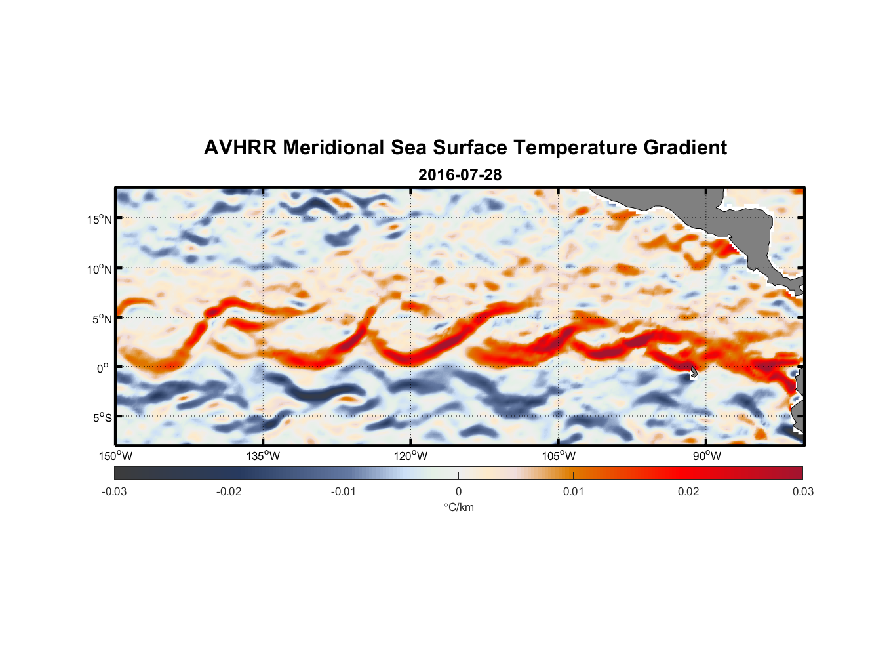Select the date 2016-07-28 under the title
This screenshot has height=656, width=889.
pos(460,175)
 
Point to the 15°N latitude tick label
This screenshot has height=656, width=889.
pos(99,219)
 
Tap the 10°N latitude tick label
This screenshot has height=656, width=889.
pos(99,269)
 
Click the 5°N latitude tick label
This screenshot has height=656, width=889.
pos(102,319)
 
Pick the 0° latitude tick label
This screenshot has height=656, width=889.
pos(103,368)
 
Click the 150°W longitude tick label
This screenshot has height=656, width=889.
pos(115,456)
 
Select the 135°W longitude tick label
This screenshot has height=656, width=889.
pos(263,456)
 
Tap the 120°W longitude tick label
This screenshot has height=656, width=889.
pos(410,456)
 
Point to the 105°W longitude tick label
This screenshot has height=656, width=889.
pos(558,456)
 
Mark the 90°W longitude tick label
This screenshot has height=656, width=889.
pos(706,456)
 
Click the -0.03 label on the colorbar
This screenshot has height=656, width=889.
pos(114,491)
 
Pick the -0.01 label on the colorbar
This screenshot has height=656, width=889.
pos(344,491)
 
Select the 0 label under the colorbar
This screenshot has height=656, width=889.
pos(458,491)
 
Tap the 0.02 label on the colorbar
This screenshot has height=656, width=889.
pos(688,491)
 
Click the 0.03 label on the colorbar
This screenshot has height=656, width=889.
pos(802,491)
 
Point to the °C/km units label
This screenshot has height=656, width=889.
pos(458,507)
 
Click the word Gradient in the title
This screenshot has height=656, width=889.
pos(685,148)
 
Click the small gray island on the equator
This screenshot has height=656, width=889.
pos(694,372)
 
